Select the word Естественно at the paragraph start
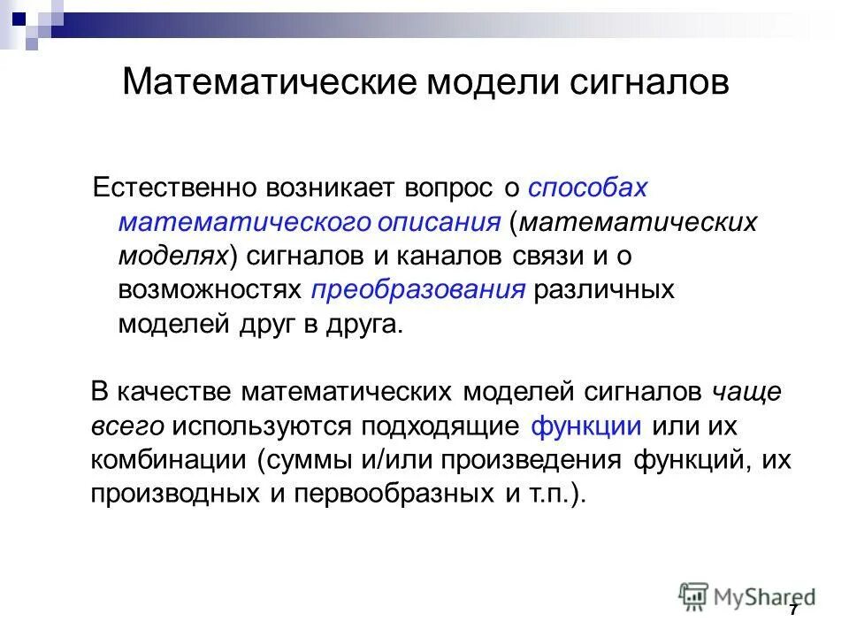click(x=177, y=188)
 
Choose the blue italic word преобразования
click(x=418, y=289)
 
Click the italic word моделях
click(x=173, y=256)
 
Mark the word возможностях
click(x=210, y=289)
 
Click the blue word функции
click(x=586, y=426)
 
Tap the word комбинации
click(x=168, y=460)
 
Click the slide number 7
click(x=793, y=611)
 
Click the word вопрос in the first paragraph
click(x=450, y=188)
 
